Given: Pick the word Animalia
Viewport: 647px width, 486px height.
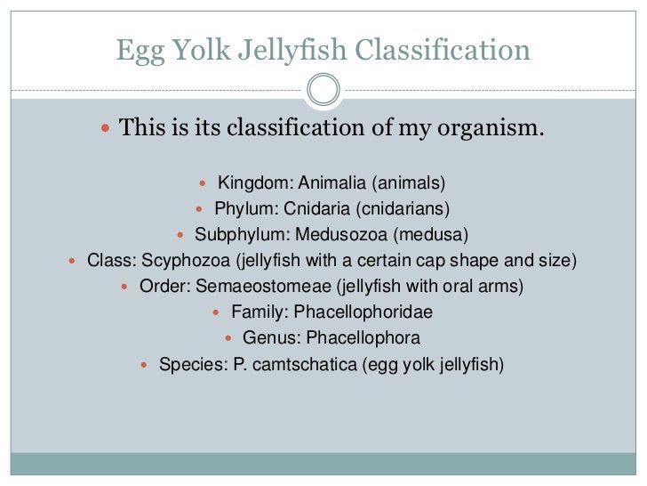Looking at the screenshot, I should (x=333, y=184).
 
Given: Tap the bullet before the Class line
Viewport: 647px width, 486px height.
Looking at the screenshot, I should (x=72, y=262).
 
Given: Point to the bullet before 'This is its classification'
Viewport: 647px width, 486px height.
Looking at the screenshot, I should (x=104, y=129).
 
